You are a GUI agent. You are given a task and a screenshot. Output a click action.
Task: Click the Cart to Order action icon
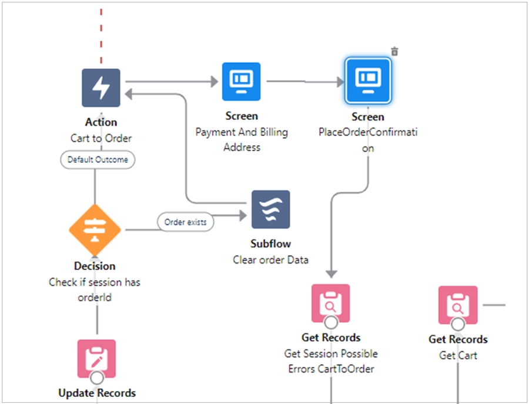(x=101, y=88)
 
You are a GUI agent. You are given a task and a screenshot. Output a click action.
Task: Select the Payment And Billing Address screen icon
(x=241, y=81)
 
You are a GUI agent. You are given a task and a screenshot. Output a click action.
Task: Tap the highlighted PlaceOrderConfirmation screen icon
(x=368, y=81)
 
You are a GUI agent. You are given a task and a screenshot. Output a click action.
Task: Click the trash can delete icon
(x=394, y=52)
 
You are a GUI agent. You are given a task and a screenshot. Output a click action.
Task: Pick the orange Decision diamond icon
(x=95, y=230)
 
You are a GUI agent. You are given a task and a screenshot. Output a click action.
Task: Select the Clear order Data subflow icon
(x=270, y=209)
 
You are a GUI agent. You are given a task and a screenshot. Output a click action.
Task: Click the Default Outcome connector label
(x=98, y=159)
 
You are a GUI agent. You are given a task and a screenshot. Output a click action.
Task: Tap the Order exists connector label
(x=186, y=222)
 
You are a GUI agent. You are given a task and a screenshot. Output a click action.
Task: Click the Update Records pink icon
(x=97, y=358)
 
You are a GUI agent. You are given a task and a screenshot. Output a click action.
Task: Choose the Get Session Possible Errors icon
(x=330, y=303)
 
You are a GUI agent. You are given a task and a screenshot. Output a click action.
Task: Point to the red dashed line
(x=101, y=35)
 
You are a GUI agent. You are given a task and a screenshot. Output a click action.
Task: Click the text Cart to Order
(x=101, y=139)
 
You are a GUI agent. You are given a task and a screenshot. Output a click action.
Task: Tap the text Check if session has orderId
(x=95, y=289)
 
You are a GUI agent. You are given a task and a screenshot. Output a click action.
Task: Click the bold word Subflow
(x=270, y=243)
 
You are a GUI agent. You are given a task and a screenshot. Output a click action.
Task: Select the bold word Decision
(x=95, y=266)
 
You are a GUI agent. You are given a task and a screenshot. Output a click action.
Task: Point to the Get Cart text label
(x=458, y=355)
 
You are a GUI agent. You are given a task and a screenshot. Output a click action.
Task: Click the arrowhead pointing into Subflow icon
(x=242, y=215)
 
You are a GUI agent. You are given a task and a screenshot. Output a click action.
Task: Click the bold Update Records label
(x=97, y=393)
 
